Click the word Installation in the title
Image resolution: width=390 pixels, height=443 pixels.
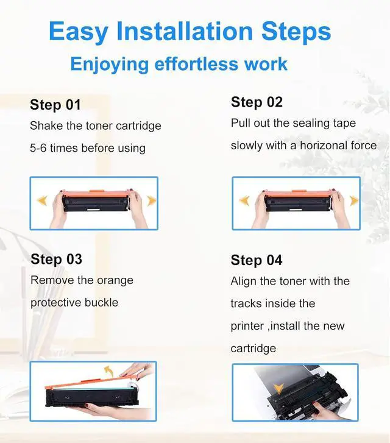185,31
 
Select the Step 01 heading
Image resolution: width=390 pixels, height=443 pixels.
55,105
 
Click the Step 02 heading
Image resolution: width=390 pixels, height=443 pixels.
257,102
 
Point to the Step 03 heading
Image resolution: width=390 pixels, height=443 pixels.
56,260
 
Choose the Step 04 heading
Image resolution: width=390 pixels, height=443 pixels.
257,260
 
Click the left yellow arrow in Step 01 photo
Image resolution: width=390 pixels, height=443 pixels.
42,200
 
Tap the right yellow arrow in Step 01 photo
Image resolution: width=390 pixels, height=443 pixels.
152,200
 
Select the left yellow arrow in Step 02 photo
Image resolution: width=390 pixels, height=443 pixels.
244,201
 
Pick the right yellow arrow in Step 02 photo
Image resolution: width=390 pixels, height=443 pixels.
354,201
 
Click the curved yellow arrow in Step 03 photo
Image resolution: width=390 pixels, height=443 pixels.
109,371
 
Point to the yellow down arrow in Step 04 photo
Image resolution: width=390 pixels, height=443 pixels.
279,389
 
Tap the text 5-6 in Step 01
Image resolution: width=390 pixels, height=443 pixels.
38,148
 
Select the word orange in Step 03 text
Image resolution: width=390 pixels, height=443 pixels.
115,281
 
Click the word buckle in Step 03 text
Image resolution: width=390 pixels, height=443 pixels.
101,303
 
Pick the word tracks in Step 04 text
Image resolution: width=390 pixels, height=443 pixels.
246,303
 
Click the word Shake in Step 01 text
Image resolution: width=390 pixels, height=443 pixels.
46,126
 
